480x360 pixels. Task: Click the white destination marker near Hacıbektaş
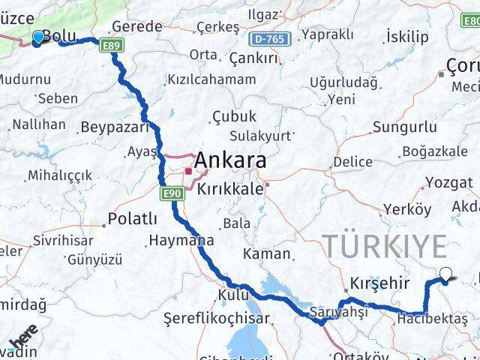(x=446, y=275)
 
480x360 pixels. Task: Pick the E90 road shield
(x=172, y=194)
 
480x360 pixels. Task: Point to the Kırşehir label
(x=379, y=284)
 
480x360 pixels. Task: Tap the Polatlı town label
(x=133, y=218)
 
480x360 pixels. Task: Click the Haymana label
(x=181, y=241)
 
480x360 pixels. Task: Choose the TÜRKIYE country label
(x=384, y=246)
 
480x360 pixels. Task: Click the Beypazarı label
(x=115, y=127)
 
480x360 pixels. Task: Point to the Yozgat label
(x=449, y=183)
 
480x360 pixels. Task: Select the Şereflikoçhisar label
(x=217, y=318)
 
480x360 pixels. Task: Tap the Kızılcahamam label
(x=211, y=79)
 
